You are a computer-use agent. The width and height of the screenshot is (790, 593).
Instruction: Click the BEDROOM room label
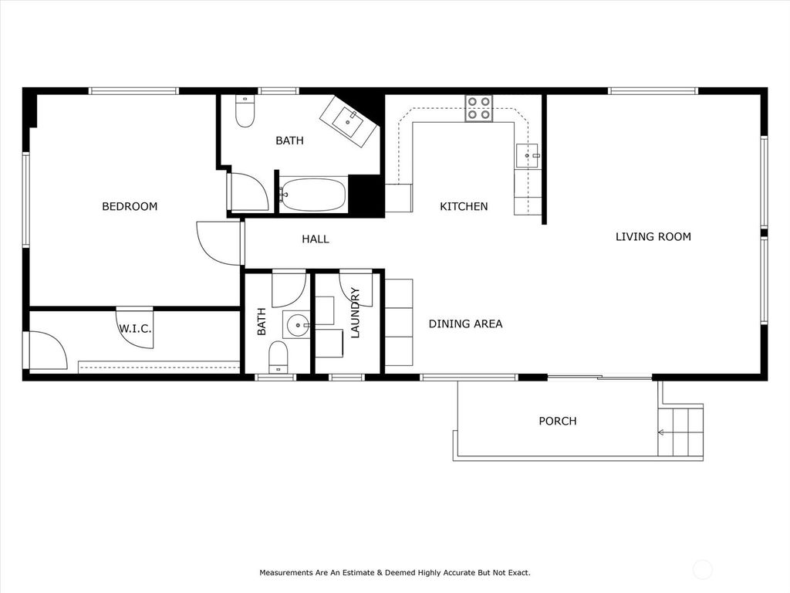pos(130,206)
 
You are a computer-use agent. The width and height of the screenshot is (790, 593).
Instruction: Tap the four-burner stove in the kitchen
pos(478,108)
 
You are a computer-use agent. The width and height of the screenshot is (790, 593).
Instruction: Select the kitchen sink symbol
pos(528,155)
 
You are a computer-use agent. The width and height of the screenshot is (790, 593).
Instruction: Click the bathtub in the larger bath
pos(312,195)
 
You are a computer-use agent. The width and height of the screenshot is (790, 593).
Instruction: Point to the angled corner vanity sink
pos(349,120)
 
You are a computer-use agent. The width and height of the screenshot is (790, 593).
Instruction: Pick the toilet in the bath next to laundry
pos(278,357)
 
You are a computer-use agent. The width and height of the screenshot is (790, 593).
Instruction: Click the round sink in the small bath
pos(296,326)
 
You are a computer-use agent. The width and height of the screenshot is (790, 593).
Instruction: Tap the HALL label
pos(315,239)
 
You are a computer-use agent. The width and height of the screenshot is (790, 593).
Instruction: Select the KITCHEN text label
pos(464,206)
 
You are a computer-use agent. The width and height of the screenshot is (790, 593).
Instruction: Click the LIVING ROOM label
pos(653,236)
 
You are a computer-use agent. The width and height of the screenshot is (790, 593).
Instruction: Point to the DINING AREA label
pos(465,324)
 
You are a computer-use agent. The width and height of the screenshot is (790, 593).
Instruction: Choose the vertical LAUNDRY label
pos(355,313)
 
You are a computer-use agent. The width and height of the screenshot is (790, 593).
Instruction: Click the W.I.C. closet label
pos(135,329)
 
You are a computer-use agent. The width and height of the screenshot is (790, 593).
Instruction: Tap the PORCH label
pos(557,421)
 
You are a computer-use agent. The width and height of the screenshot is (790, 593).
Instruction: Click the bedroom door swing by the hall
pos(218,243)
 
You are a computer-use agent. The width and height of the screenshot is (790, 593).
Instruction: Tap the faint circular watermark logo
pos(703,571)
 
